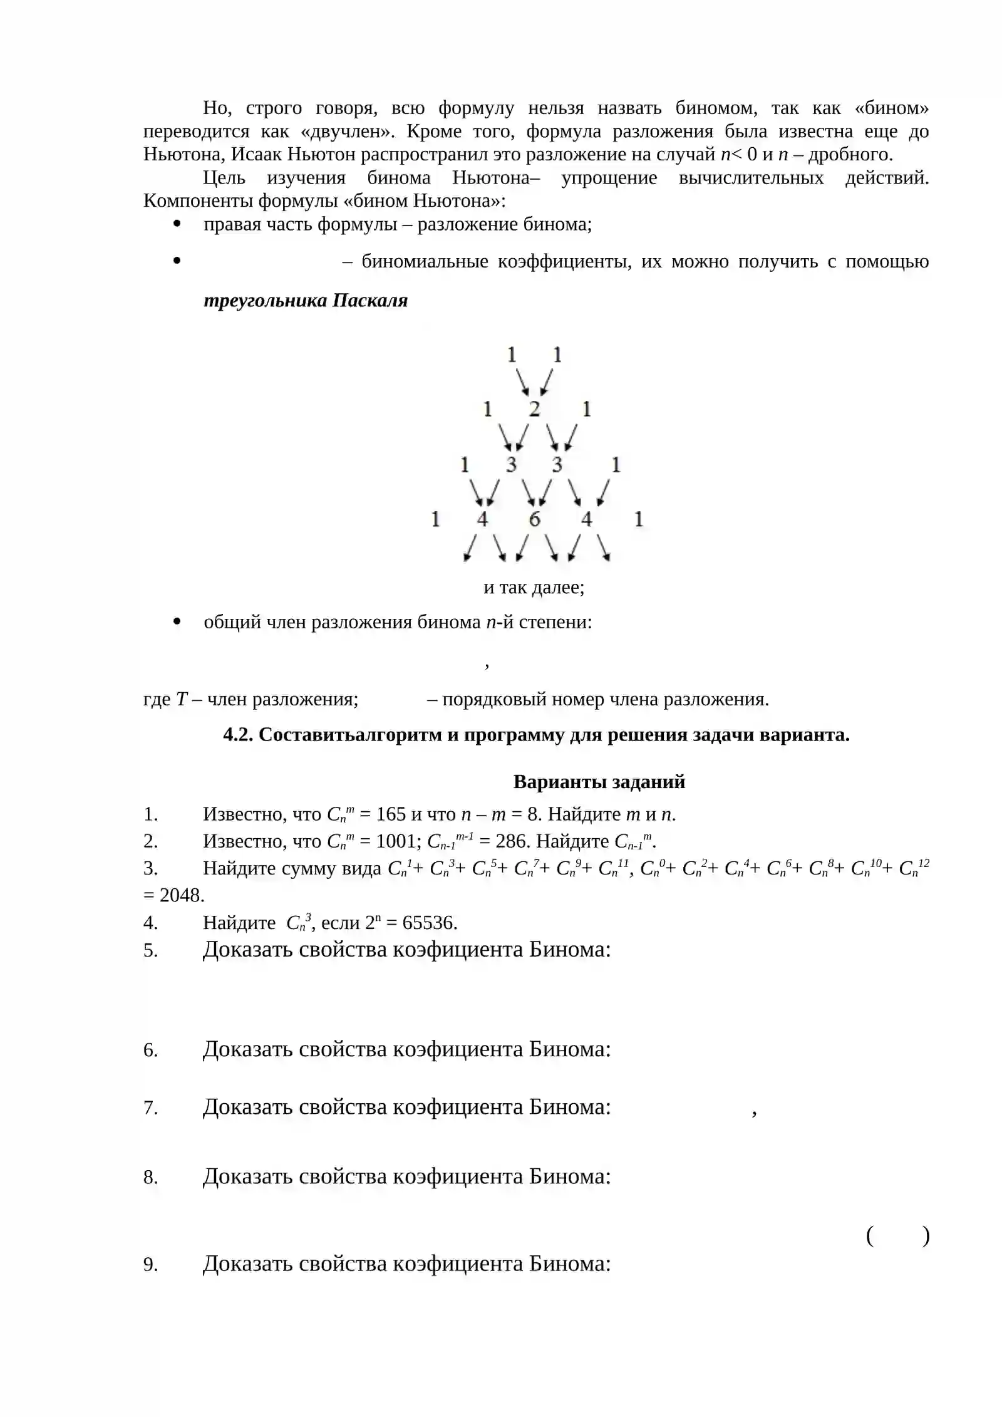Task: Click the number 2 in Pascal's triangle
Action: click(534, 409)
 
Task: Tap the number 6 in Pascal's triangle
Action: click(534, 519)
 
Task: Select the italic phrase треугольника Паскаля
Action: click(306, 301)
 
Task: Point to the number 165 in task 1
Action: click(391, 814)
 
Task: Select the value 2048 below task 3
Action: click(182, 896)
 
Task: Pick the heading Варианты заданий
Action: click(599, 782)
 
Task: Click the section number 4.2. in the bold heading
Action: click(238, 735)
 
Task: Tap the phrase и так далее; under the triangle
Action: click(534, 588)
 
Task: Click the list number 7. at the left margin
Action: click(150, 1108)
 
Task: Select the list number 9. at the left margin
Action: click(150, 1264)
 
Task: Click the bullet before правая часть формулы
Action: click(177, 224)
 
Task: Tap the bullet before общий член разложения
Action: click(177, 621)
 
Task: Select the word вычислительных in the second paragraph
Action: click(751, 178)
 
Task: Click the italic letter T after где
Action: click(182, 699)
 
